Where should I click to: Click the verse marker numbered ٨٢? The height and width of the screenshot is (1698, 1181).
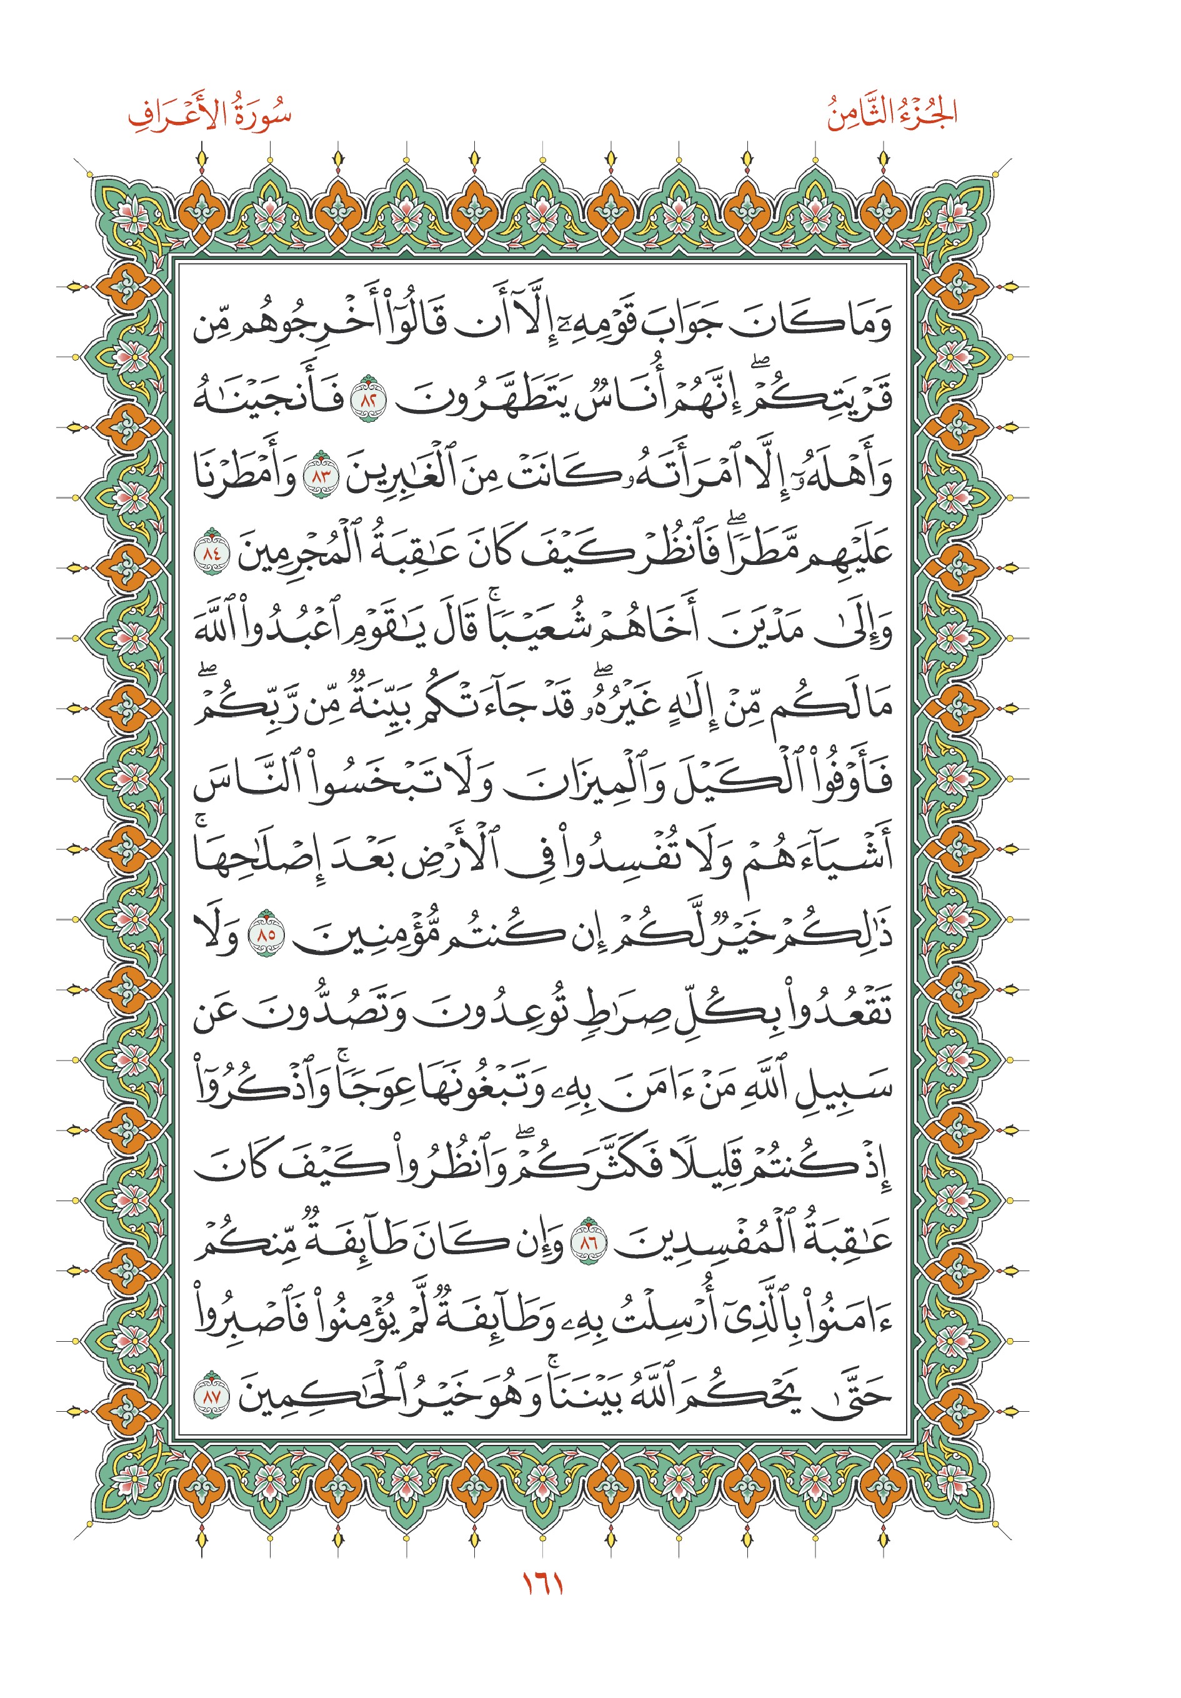(368, 397)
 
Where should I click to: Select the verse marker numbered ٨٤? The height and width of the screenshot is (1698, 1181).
(211, 552)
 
